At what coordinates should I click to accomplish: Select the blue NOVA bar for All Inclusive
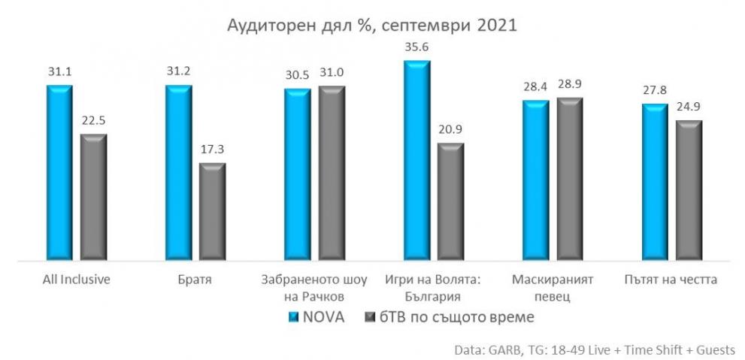click(x=59, y=173)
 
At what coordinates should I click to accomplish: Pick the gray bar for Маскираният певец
click(x=570, y=180)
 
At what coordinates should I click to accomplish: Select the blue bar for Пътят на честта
click(x=654, y=183)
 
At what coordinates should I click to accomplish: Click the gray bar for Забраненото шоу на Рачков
click(x=332, y=174)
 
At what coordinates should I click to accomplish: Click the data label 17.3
click(x=212, y=150)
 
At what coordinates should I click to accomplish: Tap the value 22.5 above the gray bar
click(x=94, y=121)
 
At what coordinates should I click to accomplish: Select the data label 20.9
click(x=451, y=130)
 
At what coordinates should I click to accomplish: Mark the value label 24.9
click(x=689, y=107)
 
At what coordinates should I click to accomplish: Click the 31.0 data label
click(x=332, y=73)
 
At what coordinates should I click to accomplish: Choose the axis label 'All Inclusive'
click(x=77, y=280)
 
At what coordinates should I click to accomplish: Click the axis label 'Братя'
click(x=195, y=280)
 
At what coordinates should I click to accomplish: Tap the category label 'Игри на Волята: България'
click(x=434, y=287)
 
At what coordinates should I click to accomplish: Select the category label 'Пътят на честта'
click(x=671, y=280)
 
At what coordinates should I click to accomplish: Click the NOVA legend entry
click(x=316, y=317)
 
